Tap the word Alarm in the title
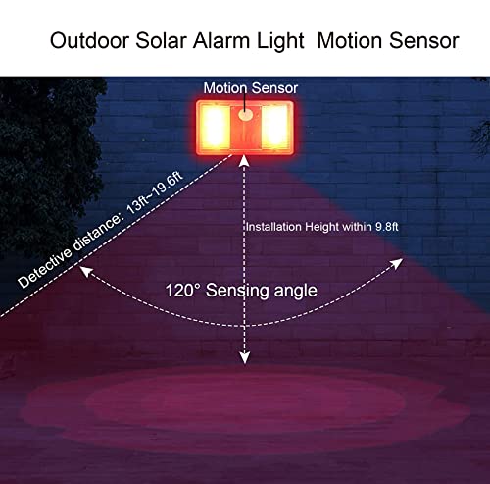click(236, 41)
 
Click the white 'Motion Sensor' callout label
click(250, 88)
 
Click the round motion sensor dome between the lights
click(245, 115)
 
